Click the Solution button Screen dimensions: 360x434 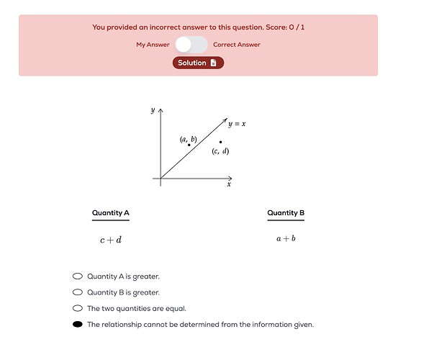pyautogui.click(x=198, y=63)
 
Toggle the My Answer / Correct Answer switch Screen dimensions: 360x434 pyautogui.click(x=191, y=45)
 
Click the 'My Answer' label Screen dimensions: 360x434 pyautogui.click(x=153, y=45)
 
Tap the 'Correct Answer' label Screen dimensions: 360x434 pyautogui.click(x=237, y=45)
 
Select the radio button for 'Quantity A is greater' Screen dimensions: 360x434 pyautogui.click(x=78, y=276)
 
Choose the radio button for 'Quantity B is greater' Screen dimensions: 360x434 pyautogui.click(x=78, y=292)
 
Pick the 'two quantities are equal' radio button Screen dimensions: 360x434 pyautogui.click(x=78, y=308)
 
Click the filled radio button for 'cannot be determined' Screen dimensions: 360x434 pyautogui.click(x=78, y=325)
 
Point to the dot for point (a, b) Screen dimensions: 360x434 pyautogui.click(x=189, y=145)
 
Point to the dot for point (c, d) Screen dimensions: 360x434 pyautogui.click(x=220, y=142)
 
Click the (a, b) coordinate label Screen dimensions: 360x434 pyautogui.click(x=188, y=138)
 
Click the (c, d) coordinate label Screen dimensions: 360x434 pyautogui.click(x=220, y=151)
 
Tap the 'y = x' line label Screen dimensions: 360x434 pyautogui.click(x=237, y=124)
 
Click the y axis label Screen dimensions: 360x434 pyautogui.click(x=153, y=110)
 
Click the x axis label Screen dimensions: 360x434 pyautogui.click(x=229, y=184)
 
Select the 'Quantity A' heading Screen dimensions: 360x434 pyautogui.click(x=111, y=213)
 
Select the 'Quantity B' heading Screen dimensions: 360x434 pyautogui.click(x=286, y=213)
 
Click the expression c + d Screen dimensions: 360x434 pyautogui.click(x=111, y=239)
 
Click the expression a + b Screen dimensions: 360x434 pyautogui.click(x=286, y=238)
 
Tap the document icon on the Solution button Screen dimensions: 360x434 pyautogui.click(x=213, y=63)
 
